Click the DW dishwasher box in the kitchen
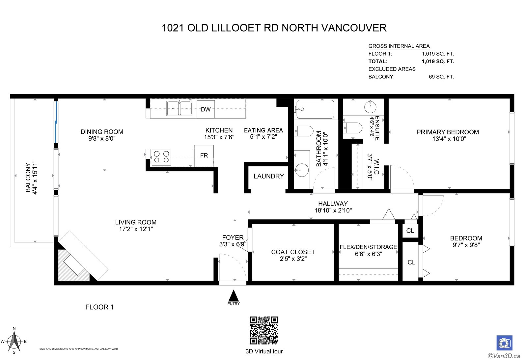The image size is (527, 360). tap(206, 109)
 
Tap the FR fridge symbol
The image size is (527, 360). tap(204, 155)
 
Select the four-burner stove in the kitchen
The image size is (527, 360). tap(161, 157)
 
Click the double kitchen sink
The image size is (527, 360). tap(179, 108)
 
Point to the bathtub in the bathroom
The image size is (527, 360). tap(315, 109)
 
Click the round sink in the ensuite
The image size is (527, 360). tap(370, 107)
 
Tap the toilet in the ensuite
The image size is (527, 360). tap(352, 128)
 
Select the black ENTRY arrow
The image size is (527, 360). tap(234, 295)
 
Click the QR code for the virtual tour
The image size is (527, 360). tap(264, 330)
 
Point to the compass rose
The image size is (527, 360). tap(14, 341)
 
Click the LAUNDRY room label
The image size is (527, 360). tap(269, 176)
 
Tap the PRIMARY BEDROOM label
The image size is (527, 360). tap(448, 132)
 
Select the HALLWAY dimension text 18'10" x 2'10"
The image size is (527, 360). tap(333, 210)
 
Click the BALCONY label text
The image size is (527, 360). tap(28, 178)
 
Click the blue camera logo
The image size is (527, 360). tap(504, 343)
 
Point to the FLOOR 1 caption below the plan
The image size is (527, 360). tap(99, 307)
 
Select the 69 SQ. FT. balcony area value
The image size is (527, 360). tap(441, 77)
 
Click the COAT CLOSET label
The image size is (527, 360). tap(293, 252)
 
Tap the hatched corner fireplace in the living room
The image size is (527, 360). tap(73, 265)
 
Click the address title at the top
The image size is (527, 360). tap(274, 28)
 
